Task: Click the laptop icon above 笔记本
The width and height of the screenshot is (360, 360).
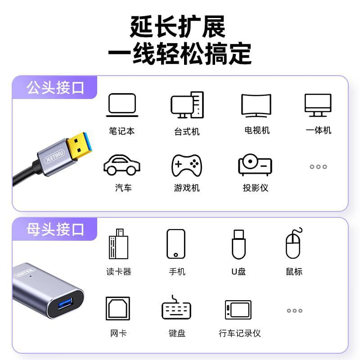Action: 122,105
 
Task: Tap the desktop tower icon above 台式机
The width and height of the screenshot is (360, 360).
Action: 187,105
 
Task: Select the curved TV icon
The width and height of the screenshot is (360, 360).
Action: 256,105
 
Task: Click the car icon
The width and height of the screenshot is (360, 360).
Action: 121,165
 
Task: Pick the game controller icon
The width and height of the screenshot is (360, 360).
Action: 187,165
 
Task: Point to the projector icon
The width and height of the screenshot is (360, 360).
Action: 255,165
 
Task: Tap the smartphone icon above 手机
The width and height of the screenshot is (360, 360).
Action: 176,244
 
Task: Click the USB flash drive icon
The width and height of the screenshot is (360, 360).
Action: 239,244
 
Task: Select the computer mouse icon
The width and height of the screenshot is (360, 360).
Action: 294,243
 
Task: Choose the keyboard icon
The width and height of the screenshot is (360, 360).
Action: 176,308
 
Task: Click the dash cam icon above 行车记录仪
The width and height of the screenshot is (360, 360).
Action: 238,310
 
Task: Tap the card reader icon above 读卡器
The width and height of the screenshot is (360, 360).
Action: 118,244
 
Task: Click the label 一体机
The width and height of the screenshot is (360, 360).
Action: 319,130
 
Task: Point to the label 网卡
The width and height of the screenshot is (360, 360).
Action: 118,333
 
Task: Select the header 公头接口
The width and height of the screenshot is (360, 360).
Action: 55,87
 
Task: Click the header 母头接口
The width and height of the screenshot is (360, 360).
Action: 55,229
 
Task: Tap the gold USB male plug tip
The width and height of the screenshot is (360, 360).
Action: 80,145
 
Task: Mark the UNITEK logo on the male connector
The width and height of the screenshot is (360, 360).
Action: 54,156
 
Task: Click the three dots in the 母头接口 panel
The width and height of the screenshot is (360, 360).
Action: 295,310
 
